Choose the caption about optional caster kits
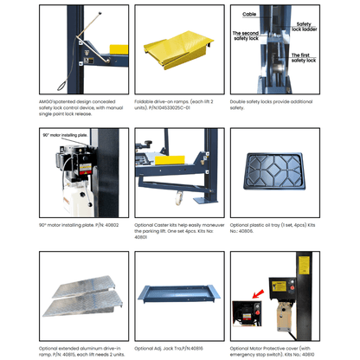178,230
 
